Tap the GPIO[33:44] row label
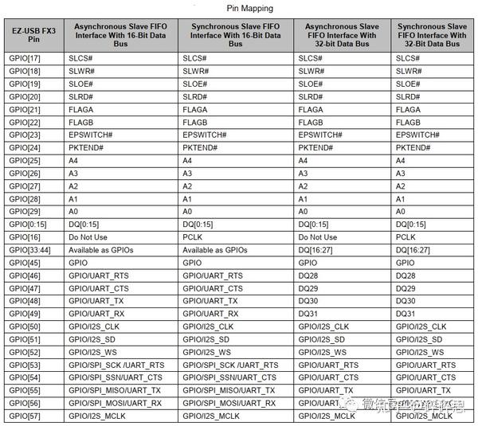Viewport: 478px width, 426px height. [30, 250]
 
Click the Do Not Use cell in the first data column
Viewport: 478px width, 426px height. [91, 237]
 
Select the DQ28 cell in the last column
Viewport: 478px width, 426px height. [406, 276]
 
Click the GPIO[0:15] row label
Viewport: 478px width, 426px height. [27, 225]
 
